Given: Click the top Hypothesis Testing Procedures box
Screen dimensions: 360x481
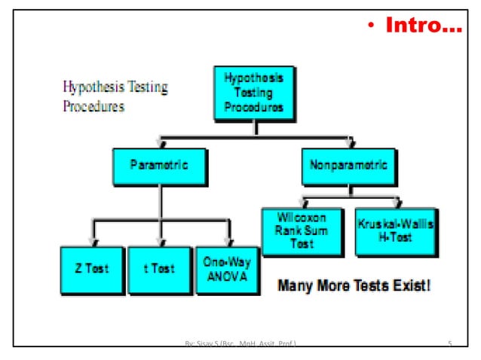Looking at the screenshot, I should click(253, 94).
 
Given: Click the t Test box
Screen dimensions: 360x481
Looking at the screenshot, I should click(158, 270).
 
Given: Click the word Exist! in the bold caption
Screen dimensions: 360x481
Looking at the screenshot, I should click(408, 286).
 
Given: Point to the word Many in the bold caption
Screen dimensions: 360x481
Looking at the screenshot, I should click(296, 286).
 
